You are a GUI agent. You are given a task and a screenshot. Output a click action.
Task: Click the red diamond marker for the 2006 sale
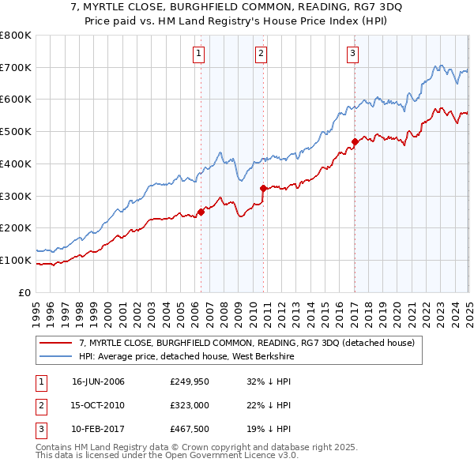[x=201, y=211]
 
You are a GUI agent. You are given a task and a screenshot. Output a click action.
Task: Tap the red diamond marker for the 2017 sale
[x=355, y=142]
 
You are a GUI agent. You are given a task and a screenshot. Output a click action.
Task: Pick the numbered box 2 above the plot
[x=261, y=54]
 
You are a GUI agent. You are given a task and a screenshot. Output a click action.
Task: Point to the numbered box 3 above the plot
[x=352, y=54]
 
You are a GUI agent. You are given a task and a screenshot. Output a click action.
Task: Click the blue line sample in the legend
[x=55, y=356]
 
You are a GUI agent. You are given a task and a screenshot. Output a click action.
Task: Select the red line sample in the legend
[x=55, y=343]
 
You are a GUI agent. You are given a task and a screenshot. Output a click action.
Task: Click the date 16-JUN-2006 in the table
[x=98, y=381]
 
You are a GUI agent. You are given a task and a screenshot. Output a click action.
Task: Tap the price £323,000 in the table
[x=187, y=405]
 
